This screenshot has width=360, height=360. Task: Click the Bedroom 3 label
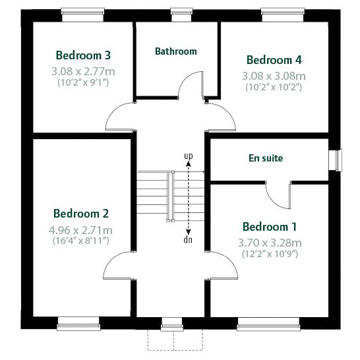coord(82,55)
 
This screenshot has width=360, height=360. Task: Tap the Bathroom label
coord(175,51)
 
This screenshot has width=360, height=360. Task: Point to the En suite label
coord(266,158)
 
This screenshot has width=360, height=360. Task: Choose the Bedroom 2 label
coord(81,214)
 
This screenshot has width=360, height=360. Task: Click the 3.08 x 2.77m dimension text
coord(82,70)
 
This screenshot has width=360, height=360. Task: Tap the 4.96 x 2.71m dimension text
coord(82,230)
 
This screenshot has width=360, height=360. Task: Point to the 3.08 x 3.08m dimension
coord(273,75)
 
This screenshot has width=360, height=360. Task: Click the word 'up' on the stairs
coord(189,156)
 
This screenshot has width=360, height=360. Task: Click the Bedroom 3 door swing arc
coord(119,116)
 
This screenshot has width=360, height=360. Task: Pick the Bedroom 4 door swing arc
coord(223,116)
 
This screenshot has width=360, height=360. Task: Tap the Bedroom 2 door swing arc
coord(117,268)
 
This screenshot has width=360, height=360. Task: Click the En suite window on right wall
coord(339,160)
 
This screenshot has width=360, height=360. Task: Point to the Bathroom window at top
coord(178,11)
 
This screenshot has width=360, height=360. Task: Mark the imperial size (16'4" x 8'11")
coord(82,241)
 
